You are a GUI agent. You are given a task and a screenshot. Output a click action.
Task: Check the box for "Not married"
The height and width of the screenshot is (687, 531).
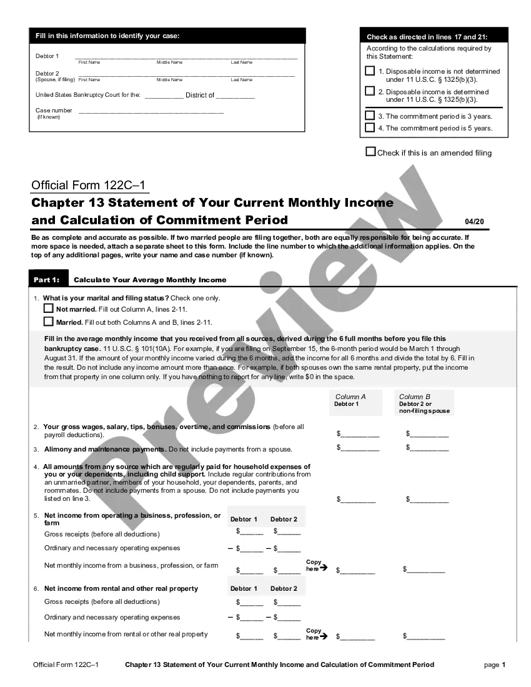(49, 309)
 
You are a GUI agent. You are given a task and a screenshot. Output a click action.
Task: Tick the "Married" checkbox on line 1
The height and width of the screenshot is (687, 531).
(49, 322)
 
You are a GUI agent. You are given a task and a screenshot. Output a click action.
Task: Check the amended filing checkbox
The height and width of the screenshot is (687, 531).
(370, 152)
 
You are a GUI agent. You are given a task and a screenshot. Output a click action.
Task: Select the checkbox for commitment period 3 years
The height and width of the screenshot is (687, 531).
(370, 116)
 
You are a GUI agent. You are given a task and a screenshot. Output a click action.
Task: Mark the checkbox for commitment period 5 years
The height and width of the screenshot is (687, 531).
(370, 128)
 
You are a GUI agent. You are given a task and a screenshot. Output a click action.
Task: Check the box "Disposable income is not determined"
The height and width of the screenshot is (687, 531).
(370, 72)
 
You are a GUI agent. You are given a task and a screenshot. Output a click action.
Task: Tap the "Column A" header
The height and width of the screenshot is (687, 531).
(350, 397)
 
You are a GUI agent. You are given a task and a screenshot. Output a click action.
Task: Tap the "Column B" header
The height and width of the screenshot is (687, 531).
(415, 397)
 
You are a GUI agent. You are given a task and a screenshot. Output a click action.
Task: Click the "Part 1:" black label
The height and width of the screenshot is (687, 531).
(46, 280)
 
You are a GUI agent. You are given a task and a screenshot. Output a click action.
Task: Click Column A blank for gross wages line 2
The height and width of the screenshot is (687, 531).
(360, 434)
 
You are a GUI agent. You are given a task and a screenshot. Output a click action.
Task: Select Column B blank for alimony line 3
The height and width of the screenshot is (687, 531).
(429, 448)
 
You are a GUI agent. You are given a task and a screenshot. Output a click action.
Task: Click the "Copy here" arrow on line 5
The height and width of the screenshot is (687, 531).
(323, 568)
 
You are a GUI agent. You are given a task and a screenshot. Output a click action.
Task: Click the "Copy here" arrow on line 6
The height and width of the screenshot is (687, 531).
(323, 636)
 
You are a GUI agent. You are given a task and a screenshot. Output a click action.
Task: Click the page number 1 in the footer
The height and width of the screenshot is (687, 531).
(504, 665)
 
